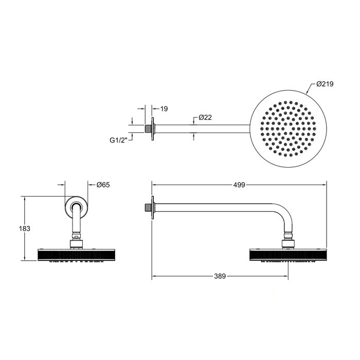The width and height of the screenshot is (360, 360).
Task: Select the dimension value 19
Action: tap(165, 109)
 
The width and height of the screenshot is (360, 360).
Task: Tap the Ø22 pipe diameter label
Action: tap(206, 118)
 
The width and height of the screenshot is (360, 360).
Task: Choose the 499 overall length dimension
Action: tap(239, 184)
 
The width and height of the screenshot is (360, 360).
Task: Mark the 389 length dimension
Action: tap(220, 277)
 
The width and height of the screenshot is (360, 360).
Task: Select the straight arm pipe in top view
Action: tap(201, 127)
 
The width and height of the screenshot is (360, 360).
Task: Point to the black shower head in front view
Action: tap(76, 254)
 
